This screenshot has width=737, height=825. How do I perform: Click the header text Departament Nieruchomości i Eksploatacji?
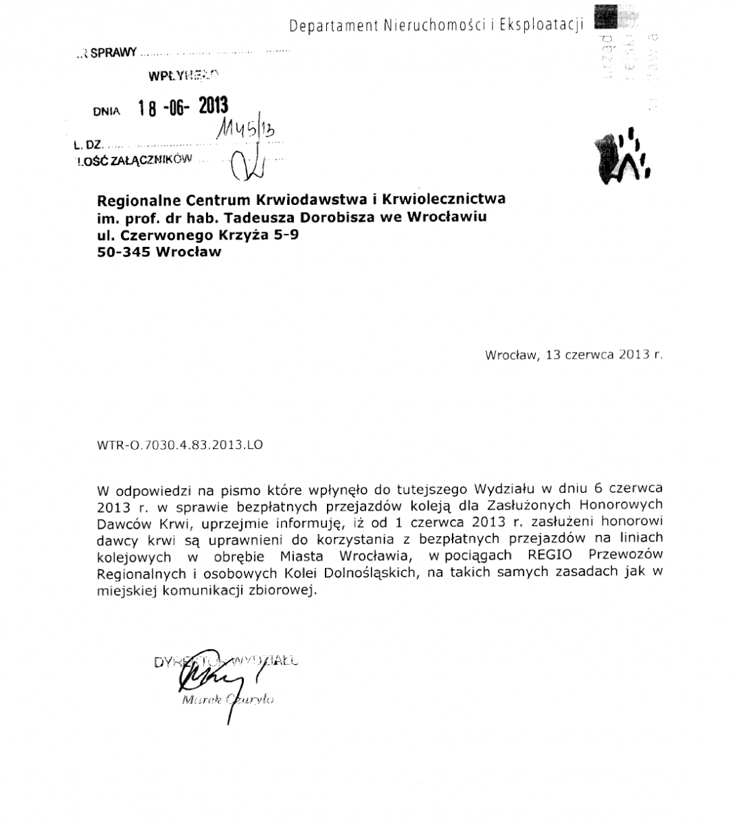click(435, 25)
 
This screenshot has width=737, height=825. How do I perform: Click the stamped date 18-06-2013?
click(182, 107)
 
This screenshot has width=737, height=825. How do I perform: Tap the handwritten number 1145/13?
click(247, 129)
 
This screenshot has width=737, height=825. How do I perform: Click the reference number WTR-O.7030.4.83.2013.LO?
click(180, 445)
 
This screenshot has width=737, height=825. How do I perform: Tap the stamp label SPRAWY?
click(114, 53)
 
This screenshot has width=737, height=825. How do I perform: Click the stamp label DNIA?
click(107, 111)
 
